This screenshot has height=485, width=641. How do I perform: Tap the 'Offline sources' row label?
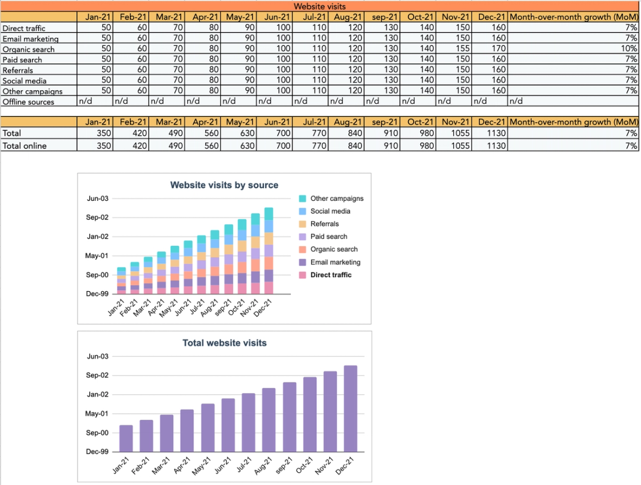point(28,102)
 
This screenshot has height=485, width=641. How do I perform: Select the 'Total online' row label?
point(24,146)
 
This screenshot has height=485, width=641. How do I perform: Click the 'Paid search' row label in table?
point(22,59)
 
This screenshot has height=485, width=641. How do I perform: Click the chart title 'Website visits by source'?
point(224,185)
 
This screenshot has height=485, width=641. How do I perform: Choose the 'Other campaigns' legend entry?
point(336,199)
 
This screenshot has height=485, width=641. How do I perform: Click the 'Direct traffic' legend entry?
point(330,275)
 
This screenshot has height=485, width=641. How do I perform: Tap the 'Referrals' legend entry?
point(324,224)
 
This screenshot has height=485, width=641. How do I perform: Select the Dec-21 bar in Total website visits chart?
point(350,408)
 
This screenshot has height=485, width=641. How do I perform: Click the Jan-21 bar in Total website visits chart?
point(126,438)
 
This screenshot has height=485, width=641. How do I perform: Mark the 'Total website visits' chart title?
point(224,343)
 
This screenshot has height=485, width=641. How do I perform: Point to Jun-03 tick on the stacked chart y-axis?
point(97,199)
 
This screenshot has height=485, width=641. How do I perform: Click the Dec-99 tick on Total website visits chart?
point(97,452)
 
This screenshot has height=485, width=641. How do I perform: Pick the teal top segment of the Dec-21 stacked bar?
point(269,213)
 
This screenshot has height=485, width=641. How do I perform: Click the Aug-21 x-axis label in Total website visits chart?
point(263,465)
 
